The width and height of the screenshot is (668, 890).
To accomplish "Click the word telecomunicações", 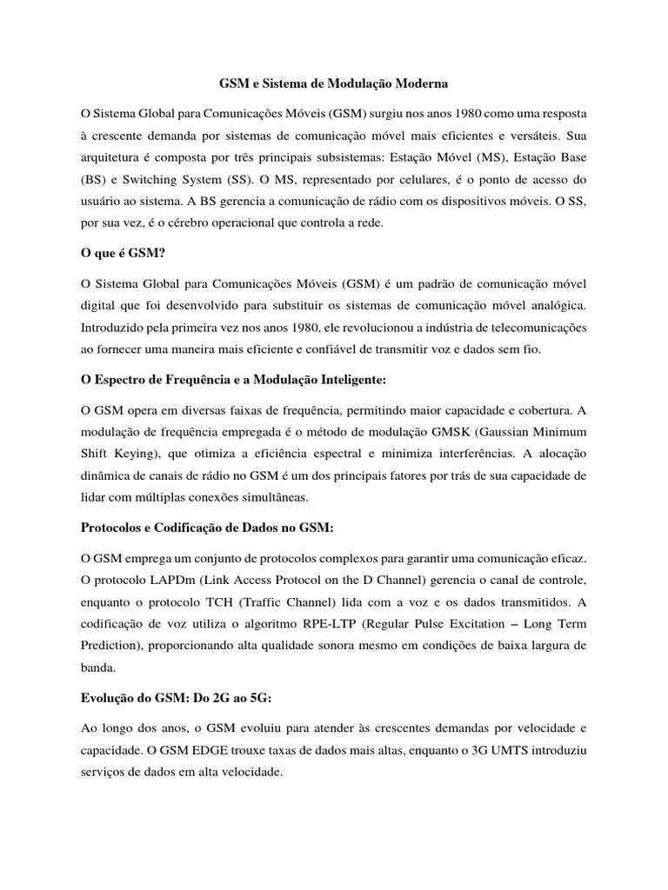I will pyautogui.click(x=526, y=328).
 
